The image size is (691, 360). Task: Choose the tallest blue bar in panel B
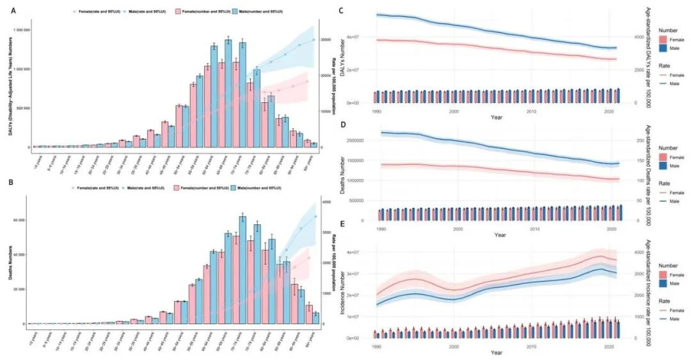242,270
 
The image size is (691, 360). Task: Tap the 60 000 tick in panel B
20,220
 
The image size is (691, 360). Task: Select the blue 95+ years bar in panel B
315,318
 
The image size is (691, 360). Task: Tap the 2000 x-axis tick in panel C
454,110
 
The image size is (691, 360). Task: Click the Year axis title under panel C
496,117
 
